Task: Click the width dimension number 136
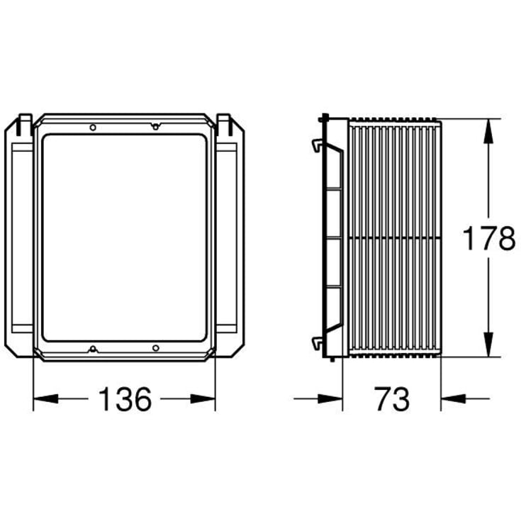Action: pos(125,398)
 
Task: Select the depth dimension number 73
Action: pos(392,398)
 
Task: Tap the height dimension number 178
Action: pos(489,238)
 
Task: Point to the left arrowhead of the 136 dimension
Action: pos(46,398)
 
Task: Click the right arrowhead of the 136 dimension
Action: pos(203,398)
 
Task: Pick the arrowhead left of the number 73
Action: pos(330,398)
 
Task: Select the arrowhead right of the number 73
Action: pos(453,398)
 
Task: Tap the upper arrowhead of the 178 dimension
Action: pos(488,131)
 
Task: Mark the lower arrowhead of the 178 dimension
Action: pos(488,344)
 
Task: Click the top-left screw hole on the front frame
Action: pos(93,128)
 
